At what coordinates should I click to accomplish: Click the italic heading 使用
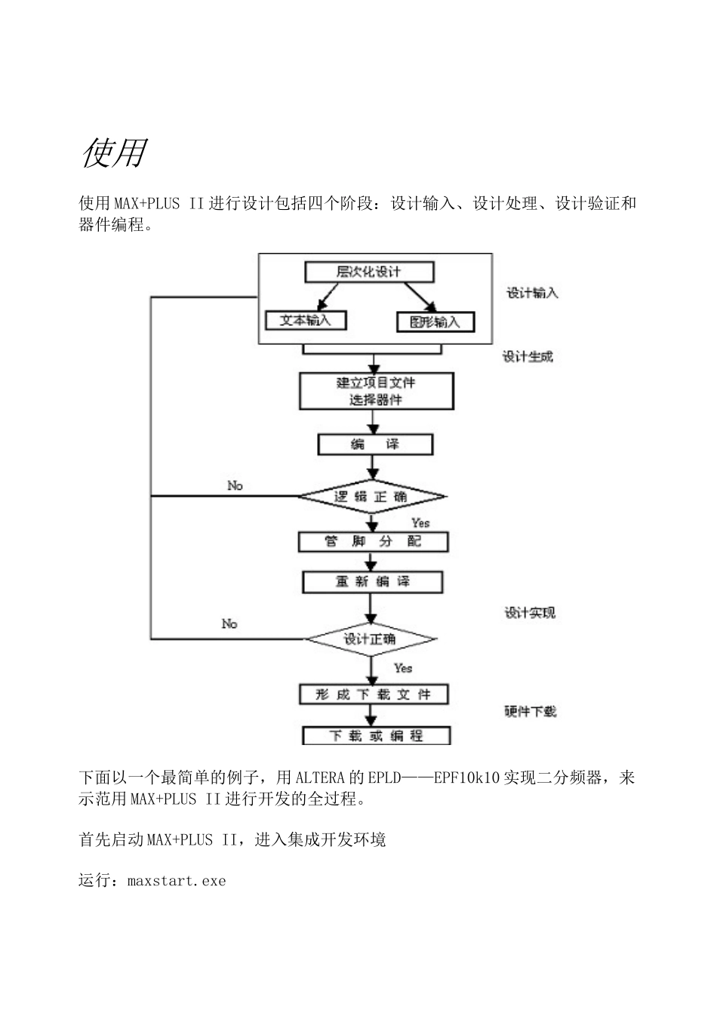113,153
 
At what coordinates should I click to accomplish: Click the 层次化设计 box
368,272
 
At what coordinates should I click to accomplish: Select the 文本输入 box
306,320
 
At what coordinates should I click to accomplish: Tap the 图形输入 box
435,322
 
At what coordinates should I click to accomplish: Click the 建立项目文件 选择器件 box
376,391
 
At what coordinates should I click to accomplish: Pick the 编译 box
376,445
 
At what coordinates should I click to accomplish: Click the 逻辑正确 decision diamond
371,497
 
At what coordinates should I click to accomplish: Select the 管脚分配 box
374,542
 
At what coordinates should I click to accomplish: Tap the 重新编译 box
372,582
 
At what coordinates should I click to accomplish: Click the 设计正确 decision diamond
370,639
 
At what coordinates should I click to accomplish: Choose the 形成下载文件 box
374,694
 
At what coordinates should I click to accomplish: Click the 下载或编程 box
376,735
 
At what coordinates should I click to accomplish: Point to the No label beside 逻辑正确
235,485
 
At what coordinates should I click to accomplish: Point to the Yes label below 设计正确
403,668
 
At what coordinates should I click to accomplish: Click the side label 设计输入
532,293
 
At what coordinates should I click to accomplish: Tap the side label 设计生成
528,356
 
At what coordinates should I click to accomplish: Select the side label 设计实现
530,613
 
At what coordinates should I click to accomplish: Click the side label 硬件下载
531,711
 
